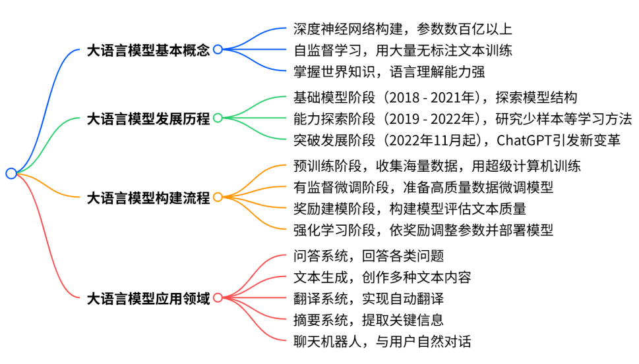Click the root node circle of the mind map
[x=11, y=174]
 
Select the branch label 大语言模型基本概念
[x=148, y=50]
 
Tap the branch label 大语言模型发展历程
[x=148, y=119]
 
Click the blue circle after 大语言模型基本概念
[x=218, y=49]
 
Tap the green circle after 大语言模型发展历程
[x=218, y=118]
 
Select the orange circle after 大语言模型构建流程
[x=218, y=197]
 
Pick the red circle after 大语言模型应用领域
[x=218, y=298]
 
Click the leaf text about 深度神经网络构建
[x=402, y=29]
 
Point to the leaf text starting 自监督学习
[x=402, y=50]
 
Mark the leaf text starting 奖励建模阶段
[x=409, y=209]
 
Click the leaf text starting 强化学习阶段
[x=423, y=230]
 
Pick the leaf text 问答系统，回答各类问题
[x=369, y=255]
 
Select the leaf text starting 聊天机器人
[x=382, y=342]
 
